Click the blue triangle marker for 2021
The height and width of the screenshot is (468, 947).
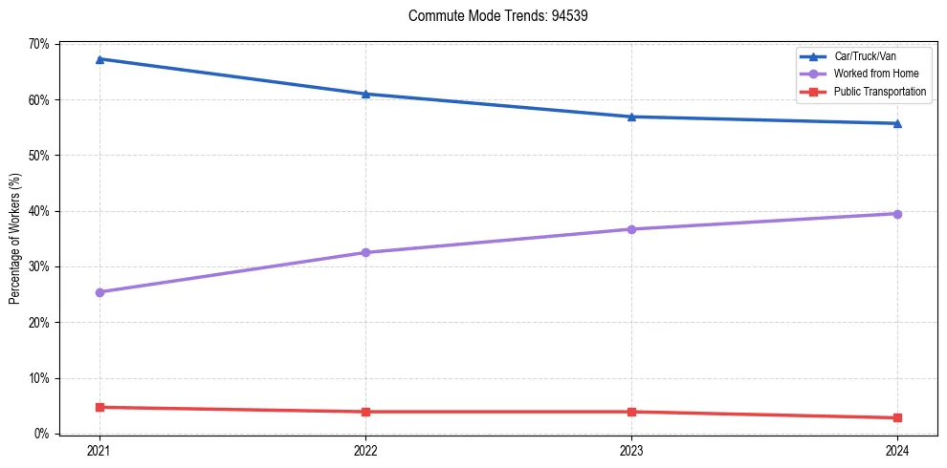[99, 59]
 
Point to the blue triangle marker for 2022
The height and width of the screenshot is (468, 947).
[365, 94]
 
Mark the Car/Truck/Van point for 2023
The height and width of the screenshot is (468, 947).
[631, 117]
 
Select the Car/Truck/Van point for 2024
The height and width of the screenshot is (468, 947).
[897, 123]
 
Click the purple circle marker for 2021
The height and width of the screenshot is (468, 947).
[99, 292]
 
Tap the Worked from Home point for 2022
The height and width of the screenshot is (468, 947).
[365, 252]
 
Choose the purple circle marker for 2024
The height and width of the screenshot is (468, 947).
[897, 214]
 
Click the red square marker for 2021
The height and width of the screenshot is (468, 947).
[99, 407]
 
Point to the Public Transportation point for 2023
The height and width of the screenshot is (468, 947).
[631, 412]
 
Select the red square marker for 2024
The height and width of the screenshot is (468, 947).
[897, 417]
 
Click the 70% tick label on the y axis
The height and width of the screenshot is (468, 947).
[39, 44]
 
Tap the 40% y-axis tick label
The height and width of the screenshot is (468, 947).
[39, 211]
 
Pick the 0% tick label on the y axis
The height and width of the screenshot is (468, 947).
[42, 434]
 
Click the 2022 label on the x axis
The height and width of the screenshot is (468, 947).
[365, 450]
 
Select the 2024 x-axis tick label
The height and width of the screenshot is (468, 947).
[897, 450]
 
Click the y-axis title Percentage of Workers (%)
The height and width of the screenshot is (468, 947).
[15, 239]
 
